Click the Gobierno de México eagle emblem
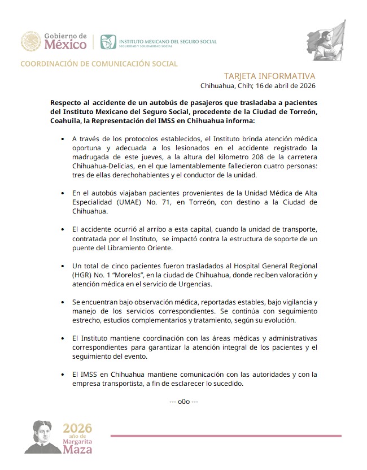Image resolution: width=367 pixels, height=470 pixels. [31, 41]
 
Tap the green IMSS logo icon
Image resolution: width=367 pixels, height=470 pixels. [108, 42]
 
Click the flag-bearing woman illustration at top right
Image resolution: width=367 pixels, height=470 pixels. [327, 42]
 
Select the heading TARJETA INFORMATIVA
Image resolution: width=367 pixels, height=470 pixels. [269, 76]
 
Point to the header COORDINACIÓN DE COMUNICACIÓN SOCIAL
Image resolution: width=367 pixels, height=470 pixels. [99, 64]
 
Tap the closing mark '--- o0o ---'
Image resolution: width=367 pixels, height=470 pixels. [183, 402]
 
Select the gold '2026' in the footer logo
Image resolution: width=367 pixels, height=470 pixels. [77, 428]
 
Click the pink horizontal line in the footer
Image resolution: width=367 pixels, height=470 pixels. [226, 436]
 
